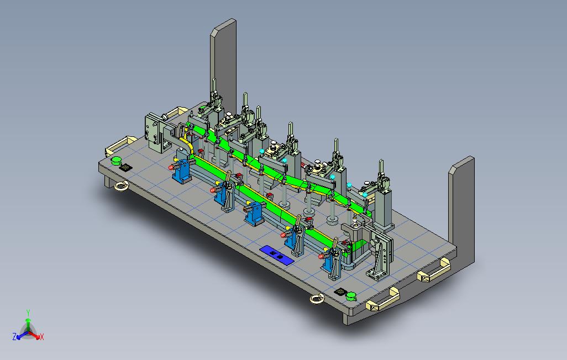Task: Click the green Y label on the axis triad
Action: (28, 313)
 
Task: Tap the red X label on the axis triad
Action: (42, 337)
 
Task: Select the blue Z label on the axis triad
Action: (14, 337)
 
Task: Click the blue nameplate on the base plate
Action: (277, 255)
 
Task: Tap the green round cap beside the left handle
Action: (116, 161)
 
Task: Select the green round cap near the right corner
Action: (351, 297)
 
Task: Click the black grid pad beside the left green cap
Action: (125, 167)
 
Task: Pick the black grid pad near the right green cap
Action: (339, 292)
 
